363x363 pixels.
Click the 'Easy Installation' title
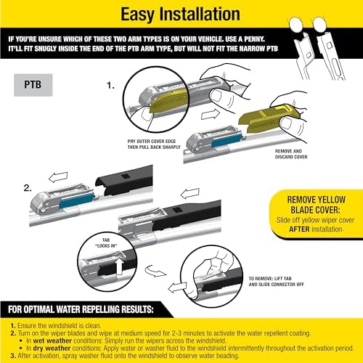coord(181,15)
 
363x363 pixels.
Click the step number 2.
coord(27,187)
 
